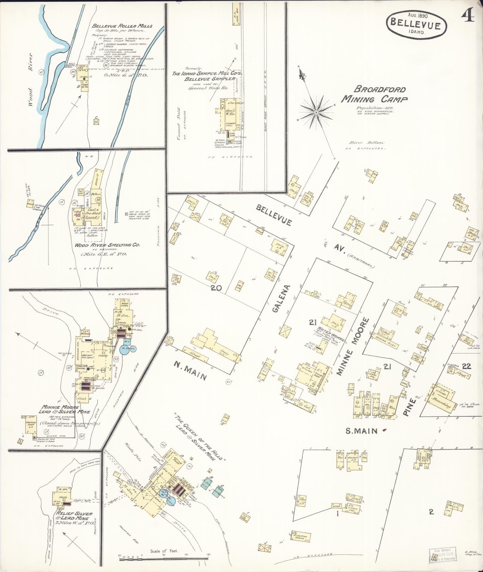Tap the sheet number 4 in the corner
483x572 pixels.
(467, 17)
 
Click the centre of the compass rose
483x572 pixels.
(316, 112)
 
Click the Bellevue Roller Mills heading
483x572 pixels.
(122, 26)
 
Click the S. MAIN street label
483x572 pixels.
(360, 431)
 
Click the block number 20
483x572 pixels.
(216, 288)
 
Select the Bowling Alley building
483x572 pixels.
(385, 342)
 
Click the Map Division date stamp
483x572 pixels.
(443, 555)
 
